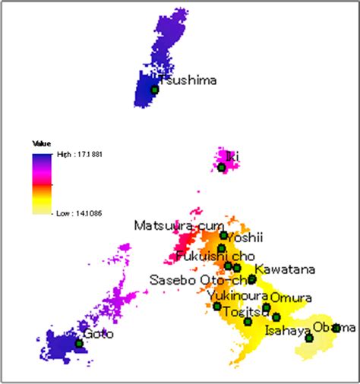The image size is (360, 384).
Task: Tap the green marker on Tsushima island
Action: click(154, 90)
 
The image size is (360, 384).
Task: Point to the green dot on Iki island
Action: click(222, 168)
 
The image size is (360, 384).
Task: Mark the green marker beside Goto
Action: click(79, 344)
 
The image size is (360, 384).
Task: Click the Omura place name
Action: click(289, 297)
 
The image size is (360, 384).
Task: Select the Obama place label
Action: click(334, 328)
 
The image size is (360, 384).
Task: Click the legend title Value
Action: click(41, 143)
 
